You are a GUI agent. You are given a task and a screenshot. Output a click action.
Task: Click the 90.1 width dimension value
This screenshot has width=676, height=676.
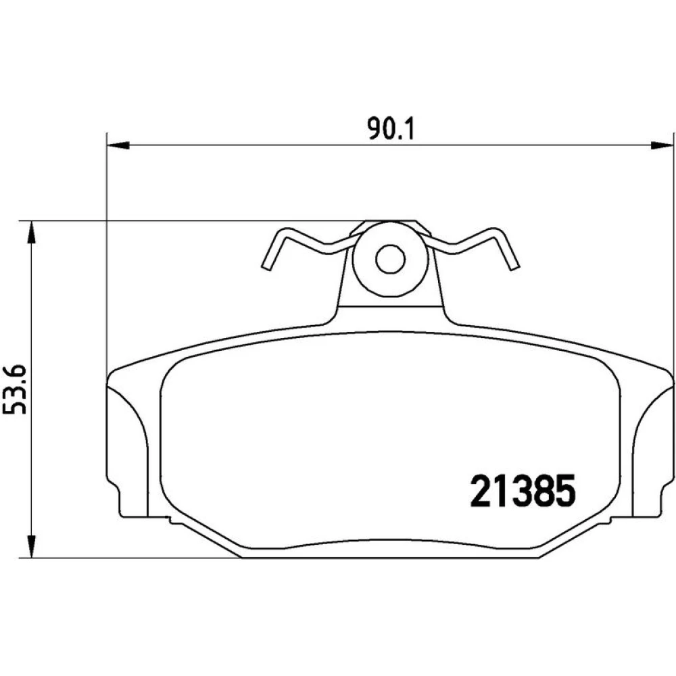point(391,129)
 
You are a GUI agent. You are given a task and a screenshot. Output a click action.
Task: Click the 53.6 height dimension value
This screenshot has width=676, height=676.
point(15,389)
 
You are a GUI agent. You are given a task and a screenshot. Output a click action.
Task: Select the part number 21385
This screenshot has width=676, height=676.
point(523,491)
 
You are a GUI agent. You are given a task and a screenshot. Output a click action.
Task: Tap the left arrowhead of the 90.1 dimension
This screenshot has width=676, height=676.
point(118,146)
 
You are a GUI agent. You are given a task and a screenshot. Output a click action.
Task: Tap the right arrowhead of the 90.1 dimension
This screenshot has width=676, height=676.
point(661,146)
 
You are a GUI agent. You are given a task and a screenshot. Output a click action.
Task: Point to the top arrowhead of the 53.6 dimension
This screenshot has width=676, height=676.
point(31,233)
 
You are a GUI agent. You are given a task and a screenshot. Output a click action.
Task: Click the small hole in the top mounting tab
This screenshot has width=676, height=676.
point(390,259)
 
